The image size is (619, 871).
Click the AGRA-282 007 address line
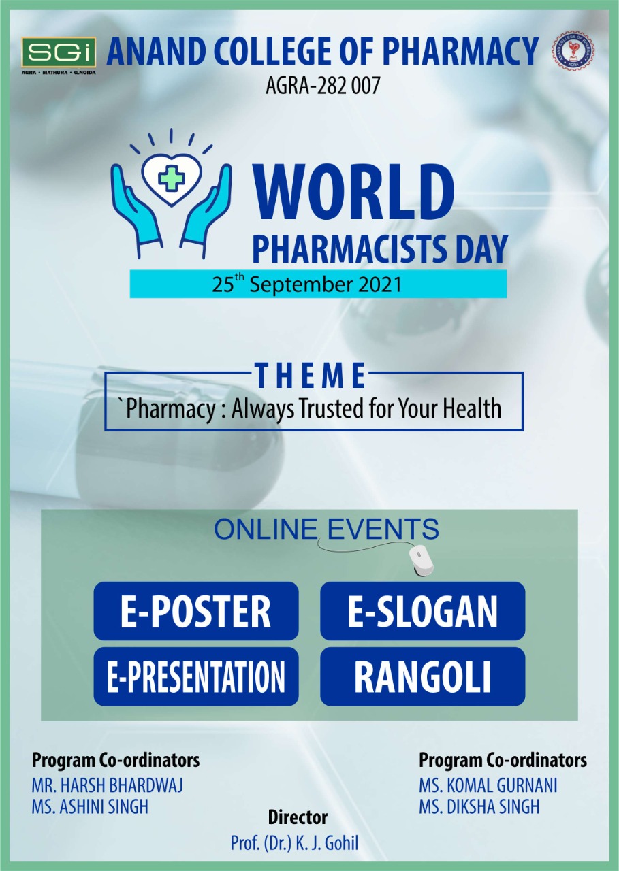[323, 85]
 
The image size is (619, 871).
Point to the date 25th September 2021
[306, 284]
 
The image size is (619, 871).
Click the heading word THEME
[310, 375]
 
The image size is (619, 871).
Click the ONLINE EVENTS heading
[326, 529]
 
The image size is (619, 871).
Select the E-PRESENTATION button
[196, 676]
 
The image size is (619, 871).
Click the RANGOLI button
[422, 676]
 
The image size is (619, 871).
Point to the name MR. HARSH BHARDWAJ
[107, 785]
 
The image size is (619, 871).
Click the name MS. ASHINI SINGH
[90, 806]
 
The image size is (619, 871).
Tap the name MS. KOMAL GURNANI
[488, 785]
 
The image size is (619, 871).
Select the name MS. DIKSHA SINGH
[479, 806]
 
